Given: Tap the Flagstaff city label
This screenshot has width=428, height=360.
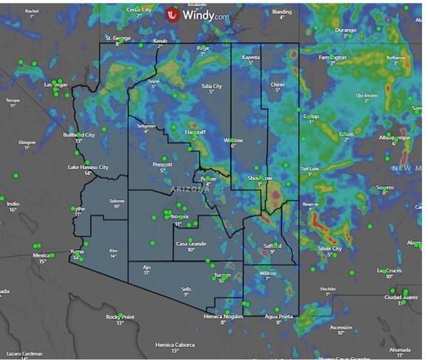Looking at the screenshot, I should coord(195,131).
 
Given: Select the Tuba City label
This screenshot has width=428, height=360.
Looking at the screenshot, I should coord(212,86).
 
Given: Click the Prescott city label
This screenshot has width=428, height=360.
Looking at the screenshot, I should coord(162,164).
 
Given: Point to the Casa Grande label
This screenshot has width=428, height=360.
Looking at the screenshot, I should coord(190,243).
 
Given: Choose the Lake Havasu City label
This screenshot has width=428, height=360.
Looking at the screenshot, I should coord(88,167).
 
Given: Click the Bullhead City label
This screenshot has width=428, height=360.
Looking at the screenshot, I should coord(79,135).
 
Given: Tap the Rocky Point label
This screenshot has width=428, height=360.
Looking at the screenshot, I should coord(120,316).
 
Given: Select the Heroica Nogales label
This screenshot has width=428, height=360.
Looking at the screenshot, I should coord(223,316).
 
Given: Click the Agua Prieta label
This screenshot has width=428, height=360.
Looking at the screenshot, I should coord(278,316).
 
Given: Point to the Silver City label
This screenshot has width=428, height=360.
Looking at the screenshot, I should coord(330,249).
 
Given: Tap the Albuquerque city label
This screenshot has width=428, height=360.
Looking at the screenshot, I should coord(394,137).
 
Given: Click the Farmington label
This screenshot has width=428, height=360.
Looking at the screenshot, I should coord(333,57).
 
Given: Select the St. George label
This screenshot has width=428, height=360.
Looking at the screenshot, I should coord(117,38).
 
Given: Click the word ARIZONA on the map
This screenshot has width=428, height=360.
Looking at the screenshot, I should coord(190,190).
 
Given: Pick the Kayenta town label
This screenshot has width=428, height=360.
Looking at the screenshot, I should coord(251,57).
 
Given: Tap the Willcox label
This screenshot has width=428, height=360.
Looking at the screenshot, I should coord(268,273).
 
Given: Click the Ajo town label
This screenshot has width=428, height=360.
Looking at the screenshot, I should coord(146,266).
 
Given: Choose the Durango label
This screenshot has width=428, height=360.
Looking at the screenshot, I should coord(345,30).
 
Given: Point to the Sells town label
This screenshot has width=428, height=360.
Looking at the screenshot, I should coord(186,288).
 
